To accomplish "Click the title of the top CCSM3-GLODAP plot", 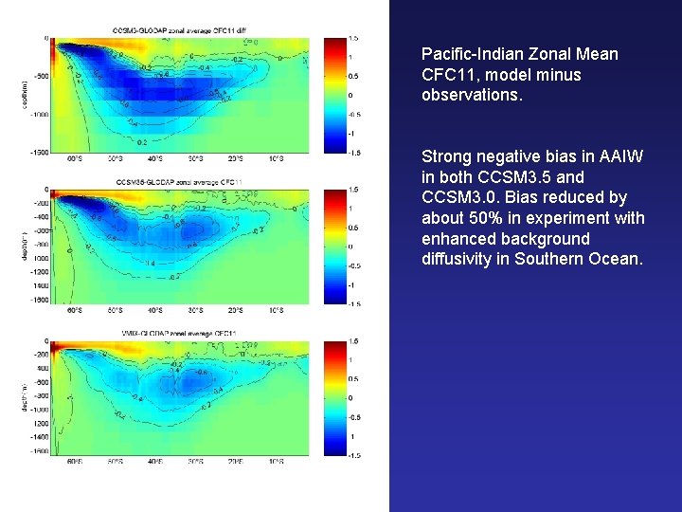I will pyautogui.click(x=179, y=30).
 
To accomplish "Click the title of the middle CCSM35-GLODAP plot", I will pyautogui.click(x=179, y=181).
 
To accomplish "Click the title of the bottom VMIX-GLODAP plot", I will pyautogui.click(x=179, y=333).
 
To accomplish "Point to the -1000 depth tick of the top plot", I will pyautogui.click(x=38, y=114).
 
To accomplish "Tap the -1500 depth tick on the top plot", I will pyautogui.click(x=38, y=152).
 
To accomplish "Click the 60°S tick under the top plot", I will pyautogui.click(x=74, y=158).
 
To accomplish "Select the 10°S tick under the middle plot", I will pyautogui.click(x=276, y=310).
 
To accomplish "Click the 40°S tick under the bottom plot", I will pyautogui.click(x=154, y=462).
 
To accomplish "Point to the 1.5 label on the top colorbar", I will pyautogui.click(x=352, y=37).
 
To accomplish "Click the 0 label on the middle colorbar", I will pyautogui.click(x=350, y=247).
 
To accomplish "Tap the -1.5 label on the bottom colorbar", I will pyautogui.click(x=352, y=455).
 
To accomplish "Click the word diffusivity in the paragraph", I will pyautogui.click(x=456, y=259).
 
